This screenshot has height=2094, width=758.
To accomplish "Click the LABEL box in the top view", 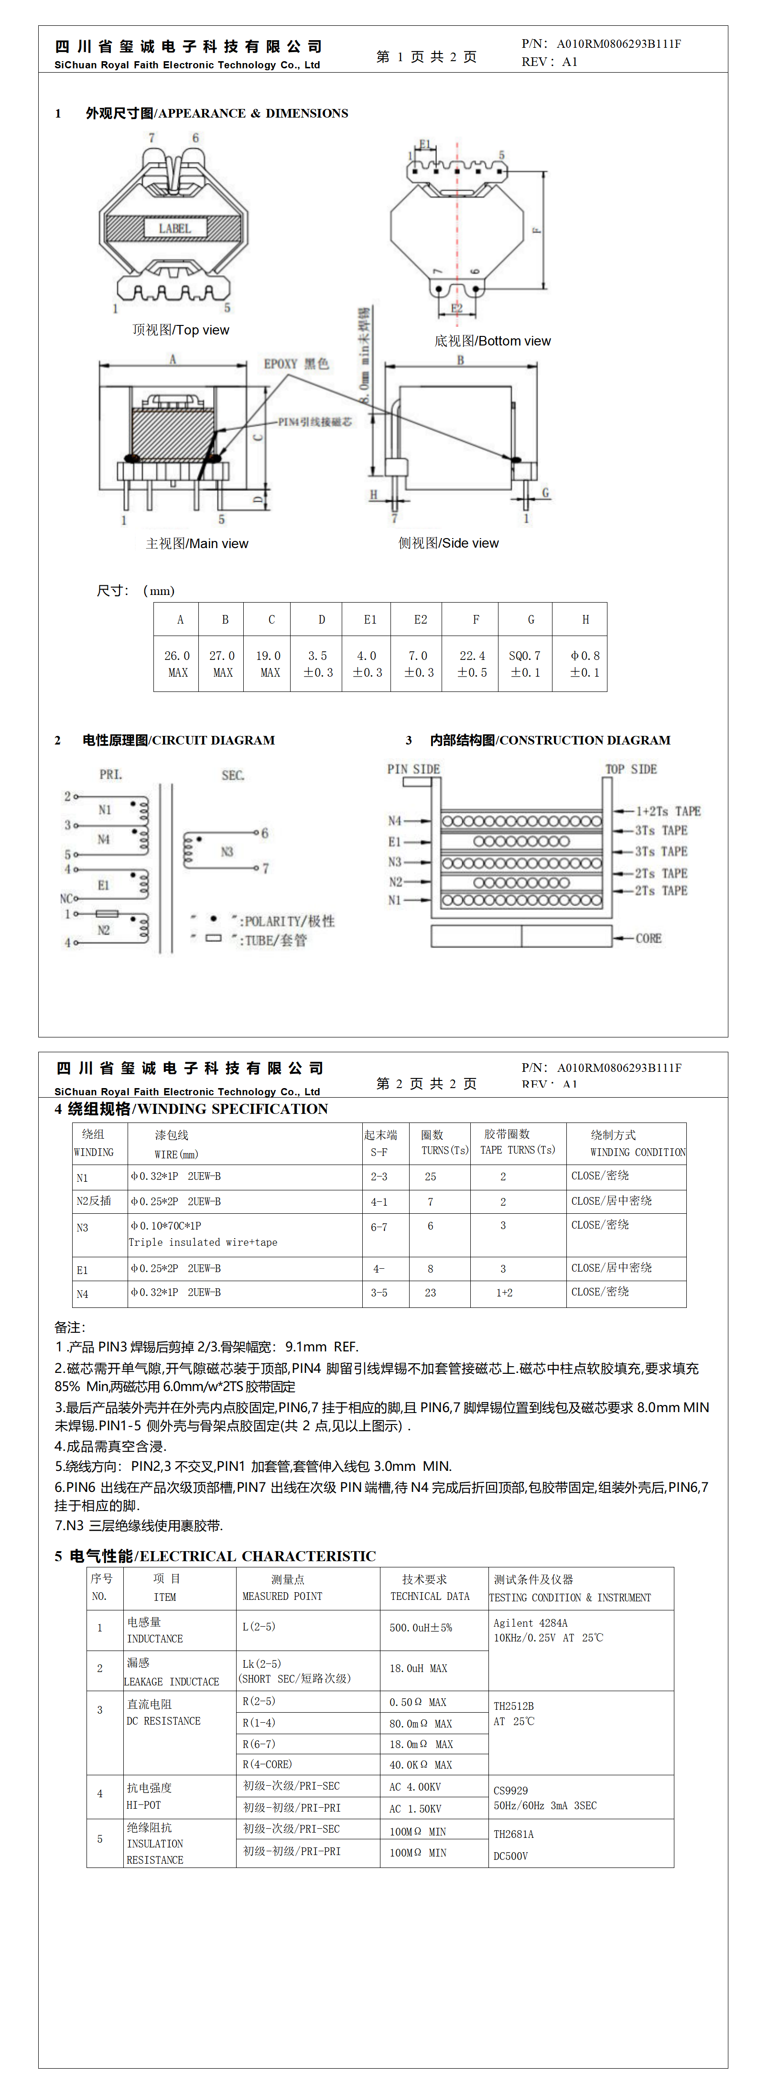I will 174,228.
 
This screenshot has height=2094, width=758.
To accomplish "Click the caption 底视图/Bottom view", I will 492,341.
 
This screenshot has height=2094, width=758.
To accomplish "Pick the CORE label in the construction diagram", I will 648,938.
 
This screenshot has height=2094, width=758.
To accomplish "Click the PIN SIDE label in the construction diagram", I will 413,769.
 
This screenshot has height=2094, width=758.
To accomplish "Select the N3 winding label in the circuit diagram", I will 227,851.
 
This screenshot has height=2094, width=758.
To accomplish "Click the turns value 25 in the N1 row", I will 430,1176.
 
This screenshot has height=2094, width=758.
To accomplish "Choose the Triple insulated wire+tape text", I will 203,1242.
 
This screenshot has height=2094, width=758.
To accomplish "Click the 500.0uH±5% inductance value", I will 421,1628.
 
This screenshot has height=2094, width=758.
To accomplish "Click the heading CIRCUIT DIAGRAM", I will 178,740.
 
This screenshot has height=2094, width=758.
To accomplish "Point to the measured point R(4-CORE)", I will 268,1764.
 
